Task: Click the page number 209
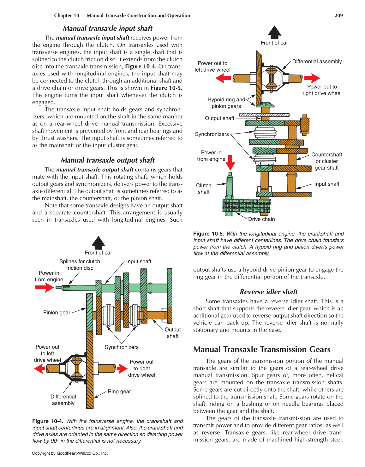click(338, 15)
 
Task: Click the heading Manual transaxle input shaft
click(107, 28)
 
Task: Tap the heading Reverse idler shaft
click(268, 292)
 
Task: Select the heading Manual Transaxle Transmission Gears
click(262, 349)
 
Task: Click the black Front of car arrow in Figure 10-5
click(274, 32)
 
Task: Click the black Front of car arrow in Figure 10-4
click(99, 242)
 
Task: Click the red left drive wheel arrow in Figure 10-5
click(223, 78)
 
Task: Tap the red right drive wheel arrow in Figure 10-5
click(312, 78)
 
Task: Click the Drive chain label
click(261, 219)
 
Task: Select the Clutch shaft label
click(204, 189)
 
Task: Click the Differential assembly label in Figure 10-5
click(317, 62)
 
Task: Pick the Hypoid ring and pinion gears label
click(226, 103)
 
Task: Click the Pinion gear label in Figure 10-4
click(57, 312)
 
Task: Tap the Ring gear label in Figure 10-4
click(119, 392)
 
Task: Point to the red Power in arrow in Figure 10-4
click(44, 287)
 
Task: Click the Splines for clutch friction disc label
click(80, 265)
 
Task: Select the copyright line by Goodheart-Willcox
click(70, 453)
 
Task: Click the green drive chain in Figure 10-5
click(246, 206)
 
